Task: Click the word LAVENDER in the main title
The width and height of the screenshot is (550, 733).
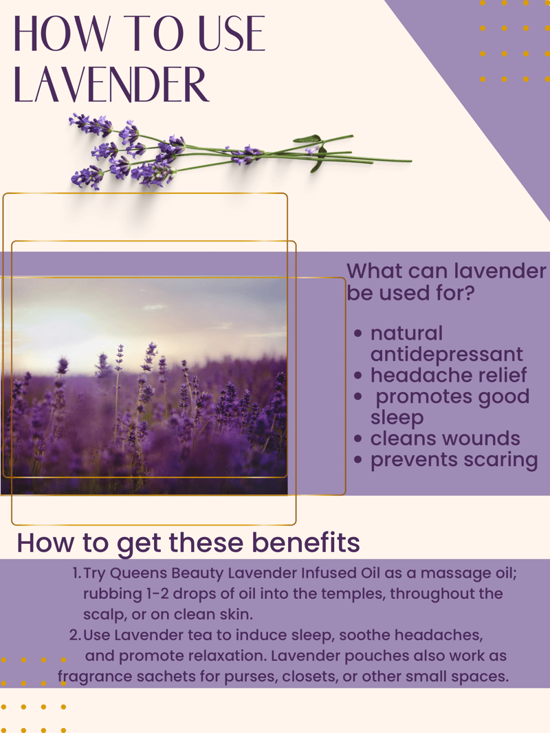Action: point(111,84)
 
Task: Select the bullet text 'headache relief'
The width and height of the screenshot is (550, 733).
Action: point(448,375)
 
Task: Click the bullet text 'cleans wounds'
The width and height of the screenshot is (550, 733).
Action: point(445,439)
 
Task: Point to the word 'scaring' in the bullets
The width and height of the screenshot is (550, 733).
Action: point(502,460)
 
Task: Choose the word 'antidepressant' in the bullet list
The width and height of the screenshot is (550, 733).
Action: point(446,354)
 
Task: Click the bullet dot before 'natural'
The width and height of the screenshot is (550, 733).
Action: point(358,333)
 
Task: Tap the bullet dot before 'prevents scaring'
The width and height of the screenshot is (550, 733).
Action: point(358,459)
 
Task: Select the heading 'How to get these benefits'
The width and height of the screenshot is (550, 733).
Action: point(188,543)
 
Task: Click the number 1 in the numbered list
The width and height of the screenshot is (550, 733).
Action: point(76,573)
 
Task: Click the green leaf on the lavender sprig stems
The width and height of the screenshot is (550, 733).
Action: point(307,139)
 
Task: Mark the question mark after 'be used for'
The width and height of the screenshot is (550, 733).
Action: point(469,293)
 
